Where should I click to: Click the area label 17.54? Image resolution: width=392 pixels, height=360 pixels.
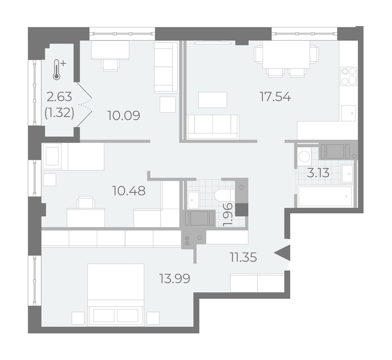(x=275, y=97)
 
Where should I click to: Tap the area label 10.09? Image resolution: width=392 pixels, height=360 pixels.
(x=124, y=115)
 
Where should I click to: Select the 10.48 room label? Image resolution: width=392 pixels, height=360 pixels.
(x=129, y=191)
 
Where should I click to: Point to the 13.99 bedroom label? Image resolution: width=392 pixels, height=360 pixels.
(x=175, y=278)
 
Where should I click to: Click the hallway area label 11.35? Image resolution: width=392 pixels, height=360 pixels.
(x=243, y=257)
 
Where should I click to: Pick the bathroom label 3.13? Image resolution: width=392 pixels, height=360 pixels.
(x=318, y=173)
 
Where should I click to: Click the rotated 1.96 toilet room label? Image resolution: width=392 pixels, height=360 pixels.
(x=228, y=215)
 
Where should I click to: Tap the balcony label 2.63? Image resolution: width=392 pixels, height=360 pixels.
(x=60, y=97)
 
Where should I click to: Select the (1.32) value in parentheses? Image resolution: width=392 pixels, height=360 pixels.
(x=59, y=114)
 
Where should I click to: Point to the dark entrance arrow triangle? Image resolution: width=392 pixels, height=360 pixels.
(x=283, y=253)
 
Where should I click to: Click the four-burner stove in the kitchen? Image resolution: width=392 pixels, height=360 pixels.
(x=349, y=76)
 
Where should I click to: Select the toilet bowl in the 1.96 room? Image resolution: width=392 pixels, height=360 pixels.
(x=224, y=194)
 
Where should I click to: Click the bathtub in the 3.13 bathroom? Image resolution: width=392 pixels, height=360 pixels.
(x=325, y=196)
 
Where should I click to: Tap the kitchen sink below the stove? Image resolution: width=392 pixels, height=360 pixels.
(x=349, y=113)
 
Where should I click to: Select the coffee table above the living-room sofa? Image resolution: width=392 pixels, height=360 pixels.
(x=213, y=100)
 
